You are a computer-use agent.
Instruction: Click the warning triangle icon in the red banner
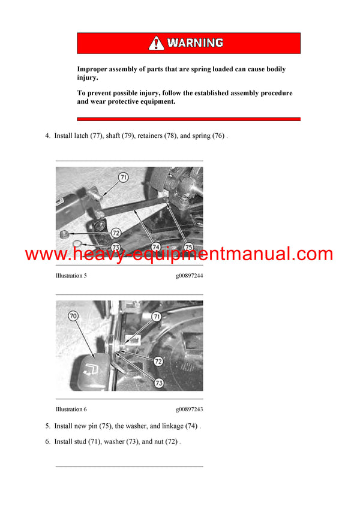156,43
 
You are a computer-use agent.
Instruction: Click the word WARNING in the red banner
195,43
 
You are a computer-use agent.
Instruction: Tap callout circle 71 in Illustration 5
123,177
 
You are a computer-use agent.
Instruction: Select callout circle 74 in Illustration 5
155,246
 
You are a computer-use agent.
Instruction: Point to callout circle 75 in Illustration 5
188,246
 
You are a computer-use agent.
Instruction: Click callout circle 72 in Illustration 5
116,232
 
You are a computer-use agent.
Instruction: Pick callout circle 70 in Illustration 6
73,315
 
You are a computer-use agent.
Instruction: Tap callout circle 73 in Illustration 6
159,382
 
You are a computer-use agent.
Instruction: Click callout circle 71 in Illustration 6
156,316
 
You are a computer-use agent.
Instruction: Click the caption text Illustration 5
71,276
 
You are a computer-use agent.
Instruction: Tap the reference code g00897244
189,276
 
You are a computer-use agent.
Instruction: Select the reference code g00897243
189,409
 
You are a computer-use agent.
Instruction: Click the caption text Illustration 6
71,409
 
